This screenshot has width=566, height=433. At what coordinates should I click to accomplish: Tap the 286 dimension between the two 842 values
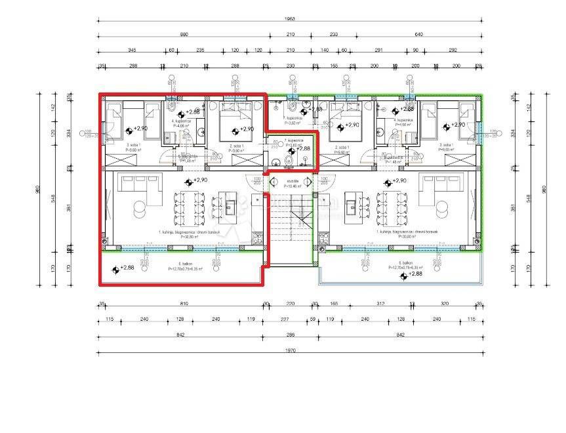[x=289, y=335]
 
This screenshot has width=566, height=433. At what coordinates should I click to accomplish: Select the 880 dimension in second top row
[x=184, y=34]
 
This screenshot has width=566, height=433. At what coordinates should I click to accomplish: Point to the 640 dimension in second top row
[x=419, y=34]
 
